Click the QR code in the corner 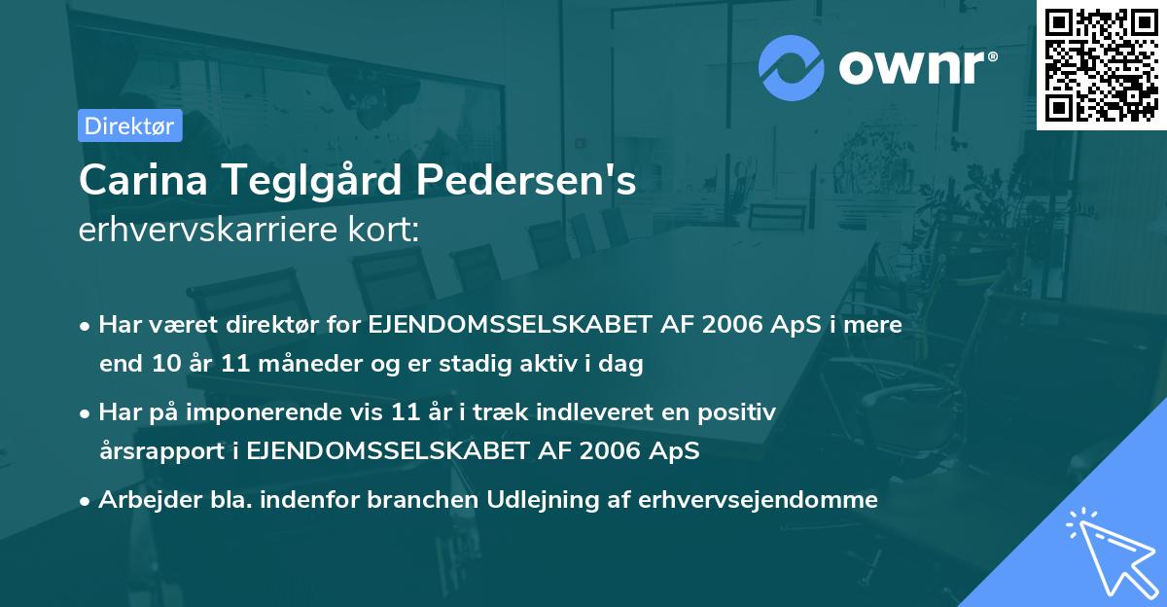point(1101,65)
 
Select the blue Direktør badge point(129,125)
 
